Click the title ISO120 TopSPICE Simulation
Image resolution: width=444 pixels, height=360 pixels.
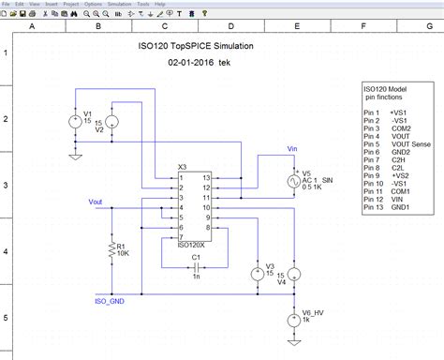195,47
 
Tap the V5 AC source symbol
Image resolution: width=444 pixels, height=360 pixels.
293,185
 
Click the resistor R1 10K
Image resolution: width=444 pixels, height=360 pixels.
112,248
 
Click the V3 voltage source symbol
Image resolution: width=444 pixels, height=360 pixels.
257,274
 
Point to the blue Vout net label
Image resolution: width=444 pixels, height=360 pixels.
96,200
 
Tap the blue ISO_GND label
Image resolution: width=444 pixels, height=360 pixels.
109,301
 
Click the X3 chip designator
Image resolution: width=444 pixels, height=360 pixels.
182,169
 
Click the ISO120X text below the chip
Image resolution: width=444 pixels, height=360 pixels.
191,242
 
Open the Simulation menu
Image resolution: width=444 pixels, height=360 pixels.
119,5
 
